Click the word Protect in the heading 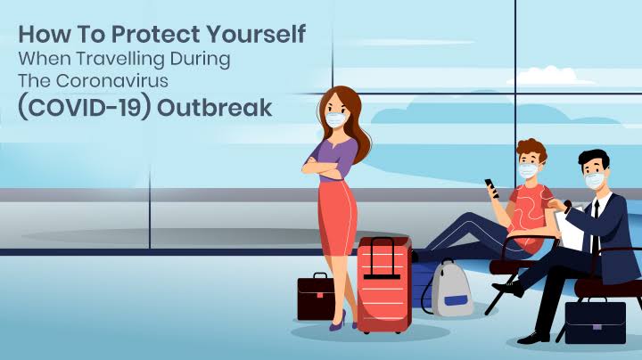[155, 34]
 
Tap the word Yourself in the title [256, 34]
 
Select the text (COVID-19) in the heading [85, 108]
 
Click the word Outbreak [215, 108]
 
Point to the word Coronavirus [111, 81]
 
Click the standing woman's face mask [336, 120]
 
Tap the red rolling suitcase [384, 285]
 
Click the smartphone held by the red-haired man [491, 188]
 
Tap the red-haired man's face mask [529, 170]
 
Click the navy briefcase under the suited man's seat [596, 321]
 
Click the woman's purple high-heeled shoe [339, 321]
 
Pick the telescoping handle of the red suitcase [382, 258]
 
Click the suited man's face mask [595, 180]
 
